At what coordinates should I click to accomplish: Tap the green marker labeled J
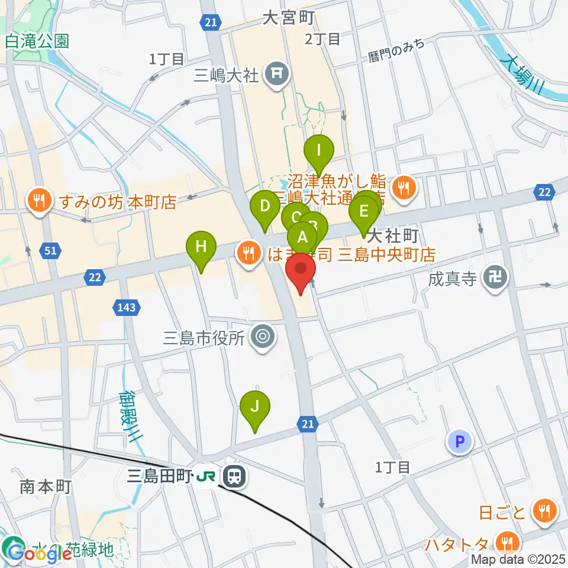coord(255,406)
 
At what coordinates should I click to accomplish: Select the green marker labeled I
coord(319,150)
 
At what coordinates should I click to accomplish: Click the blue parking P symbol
coord(460,441)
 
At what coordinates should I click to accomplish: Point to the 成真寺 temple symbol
coord(494,277)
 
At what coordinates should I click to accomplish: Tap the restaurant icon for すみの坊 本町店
coord(39,202)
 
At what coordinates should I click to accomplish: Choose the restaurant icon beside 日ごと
coord(543,511)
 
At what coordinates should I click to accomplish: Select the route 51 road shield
coord(51,251)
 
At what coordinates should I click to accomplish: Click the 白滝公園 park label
coord(37,41)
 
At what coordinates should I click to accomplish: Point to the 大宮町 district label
coord(288,18)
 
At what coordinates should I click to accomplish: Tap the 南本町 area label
coord(46,488)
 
